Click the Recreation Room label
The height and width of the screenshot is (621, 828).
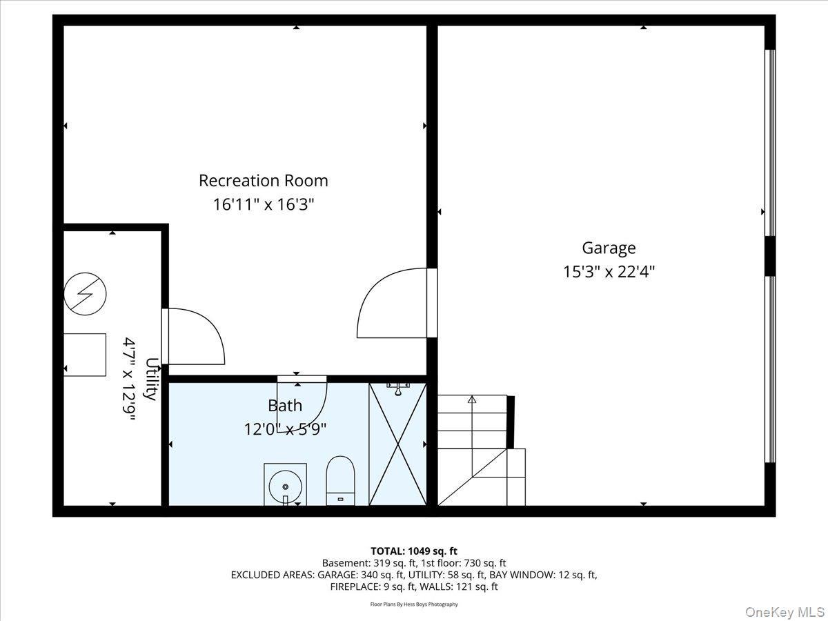pyautogui.click(x=264, y=181)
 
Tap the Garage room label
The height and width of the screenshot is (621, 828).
pyautogui.click(x=609, y=248)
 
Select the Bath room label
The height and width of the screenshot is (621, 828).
pyautogui.click(x=284, y=406)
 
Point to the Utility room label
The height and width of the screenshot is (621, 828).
pyautogui.click(x=150, y=379)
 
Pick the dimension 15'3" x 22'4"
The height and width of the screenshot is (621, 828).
pyautogui.click(x=609, y=272)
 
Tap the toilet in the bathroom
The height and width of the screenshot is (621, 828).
pyautogui.click(x=339, y=480)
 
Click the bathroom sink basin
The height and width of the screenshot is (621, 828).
pyautogui.click(x=285, y=483)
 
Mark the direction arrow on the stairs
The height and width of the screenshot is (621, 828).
pyautogui.click(x=472, y=399)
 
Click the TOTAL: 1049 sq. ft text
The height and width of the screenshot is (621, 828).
pyautogui.click(x=414, y=551)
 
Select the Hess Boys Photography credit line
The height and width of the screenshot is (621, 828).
pyautogui.click(x=414, y=604)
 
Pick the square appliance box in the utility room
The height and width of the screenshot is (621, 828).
pyautogui.click(x=86, y=355)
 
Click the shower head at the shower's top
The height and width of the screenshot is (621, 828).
pyautogui.click(x=398, y=388)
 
